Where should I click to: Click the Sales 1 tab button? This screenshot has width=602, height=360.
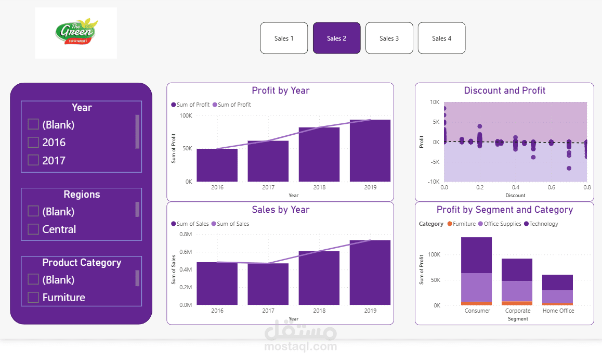pos(284,38)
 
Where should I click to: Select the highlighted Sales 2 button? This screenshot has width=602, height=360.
pos(336,38)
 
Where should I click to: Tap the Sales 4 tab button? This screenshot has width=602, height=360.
pos(441,38)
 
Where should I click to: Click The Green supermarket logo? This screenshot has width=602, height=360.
pos(76,33)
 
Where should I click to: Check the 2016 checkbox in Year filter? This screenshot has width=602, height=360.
pos(33,142)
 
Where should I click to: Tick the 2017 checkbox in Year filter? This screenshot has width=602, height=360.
pos(33,160)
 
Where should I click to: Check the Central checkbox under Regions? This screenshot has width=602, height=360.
pos(33,229)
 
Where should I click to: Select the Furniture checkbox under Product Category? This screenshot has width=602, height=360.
pos(33,297)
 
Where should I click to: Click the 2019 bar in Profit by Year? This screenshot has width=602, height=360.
pos(370,151)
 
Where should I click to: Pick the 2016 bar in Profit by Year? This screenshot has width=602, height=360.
pos(217,165)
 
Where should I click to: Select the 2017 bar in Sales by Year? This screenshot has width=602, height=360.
pos(268,284)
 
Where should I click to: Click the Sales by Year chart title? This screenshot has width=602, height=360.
pos(280,210)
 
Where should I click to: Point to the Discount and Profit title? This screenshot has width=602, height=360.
pos(504,91)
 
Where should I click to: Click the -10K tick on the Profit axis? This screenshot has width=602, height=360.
pos(434,182)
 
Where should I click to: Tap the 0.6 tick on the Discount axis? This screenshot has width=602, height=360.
pos(551,187)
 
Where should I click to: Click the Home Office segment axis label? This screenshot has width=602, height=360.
pos(558,311)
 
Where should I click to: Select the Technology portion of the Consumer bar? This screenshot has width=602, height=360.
pos(476,255)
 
